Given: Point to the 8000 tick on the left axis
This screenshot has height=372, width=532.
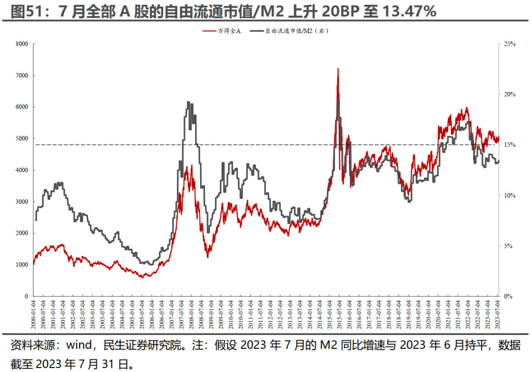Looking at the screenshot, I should pos(21,44).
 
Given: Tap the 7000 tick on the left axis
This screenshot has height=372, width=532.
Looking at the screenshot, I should pos(21,75).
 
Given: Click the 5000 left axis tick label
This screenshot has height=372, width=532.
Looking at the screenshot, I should pos(21,139).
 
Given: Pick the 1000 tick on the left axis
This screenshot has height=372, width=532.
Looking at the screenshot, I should pos(21,265).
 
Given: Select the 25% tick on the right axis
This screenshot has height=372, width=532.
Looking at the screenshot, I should pos(509,44).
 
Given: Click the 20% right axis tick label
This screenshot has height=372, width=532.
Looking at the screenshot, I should pos(509,94).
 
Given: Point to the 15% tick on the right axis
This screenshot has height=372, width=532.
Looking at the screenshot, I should pos(509,145).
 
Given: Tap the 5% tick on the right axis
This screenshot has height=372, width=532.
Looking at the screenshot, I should pos(508,246).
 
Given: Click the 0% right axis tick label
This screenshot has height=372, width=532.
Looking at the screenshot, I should pos(508,296).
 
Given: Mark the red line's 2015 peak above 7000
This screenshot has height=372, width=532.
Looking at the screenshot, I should pos(338,69).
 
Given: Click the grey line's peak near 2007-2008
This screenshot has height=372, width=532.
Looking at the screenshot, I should pos(189,102).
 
